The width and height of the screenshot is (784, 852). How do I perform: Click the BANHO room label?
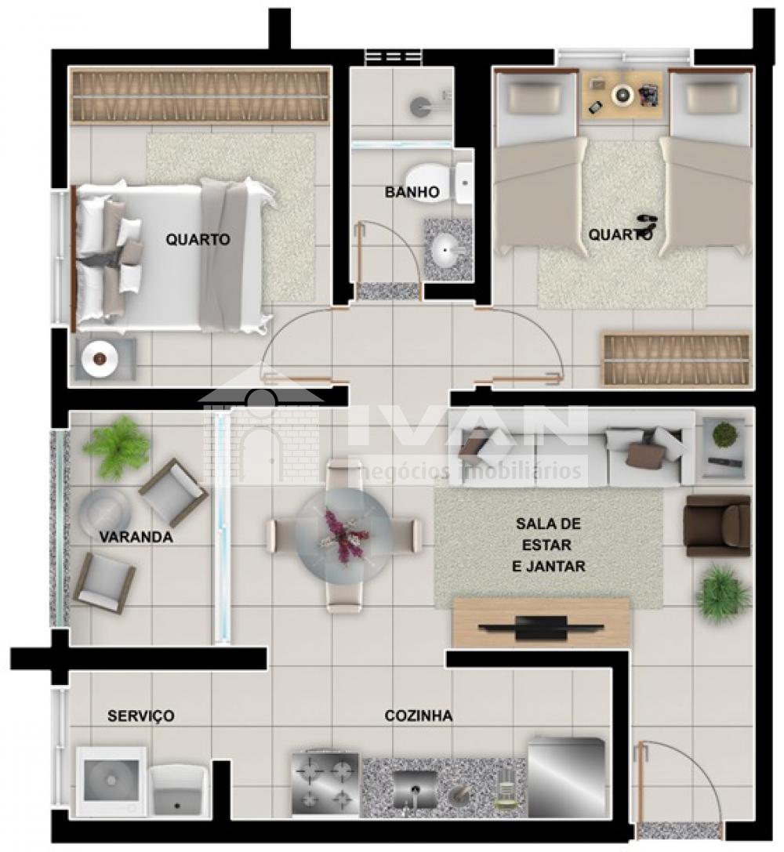(412, 192)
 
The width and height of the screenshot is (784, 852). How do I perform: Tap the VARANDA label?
(136, 537)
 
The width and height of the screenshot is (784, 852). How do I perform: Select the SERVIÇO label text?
(140, 716)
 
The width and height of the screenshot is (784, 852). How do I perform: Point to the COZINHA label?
(419, 716)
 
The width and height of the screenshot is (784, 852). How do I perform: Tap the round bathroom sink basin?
(446, 250)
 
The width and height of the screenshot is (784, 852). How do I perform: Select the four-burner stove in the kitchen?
(325, 783)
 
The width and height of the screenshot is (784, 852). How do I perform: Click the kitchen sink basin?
(415, 789)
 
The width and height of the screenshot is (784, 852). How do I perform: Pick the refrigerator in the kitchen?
(567, 777)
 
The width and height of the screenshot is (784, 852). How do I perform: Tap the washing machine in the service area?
(111, 781)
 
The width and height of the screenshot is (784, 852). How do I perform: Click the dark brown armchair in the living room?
(717, 526)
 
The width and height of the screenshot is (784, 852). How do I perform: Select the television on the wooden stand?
(541, 627)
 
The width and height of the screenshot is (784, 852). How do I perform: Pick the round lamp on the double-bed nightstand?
(100, 359)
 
